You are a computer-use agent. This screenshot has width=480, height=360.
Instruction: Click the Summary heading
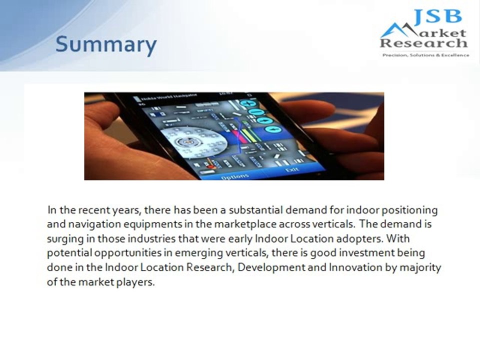(x=106, y=44)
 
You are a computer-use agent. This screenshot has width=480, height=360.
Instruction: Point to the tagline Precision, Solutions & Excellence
(x=425, y=55)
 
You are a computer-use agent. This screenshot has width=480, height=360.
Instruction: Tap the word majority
(x=422, y=267)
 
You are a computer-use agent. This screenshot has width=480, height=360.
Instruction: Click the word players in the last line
(x=138, y=281)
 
